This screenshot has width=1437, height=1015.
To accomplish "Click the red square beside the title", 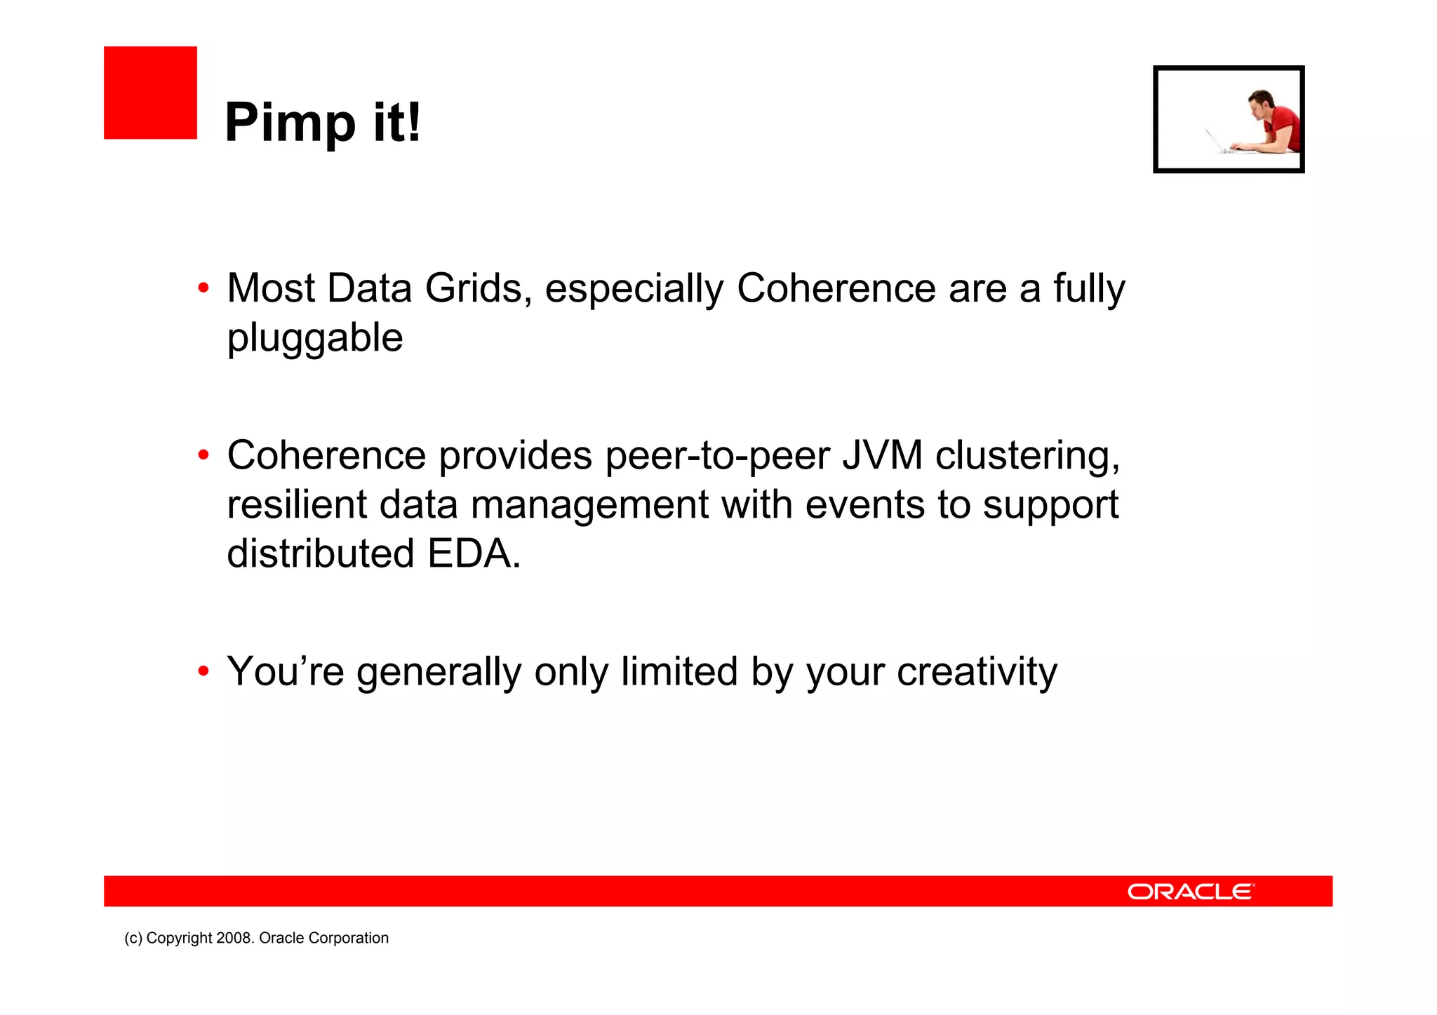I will coord(150,93).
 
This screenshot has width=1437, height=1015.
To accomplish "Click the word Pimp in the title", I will coord(290,123).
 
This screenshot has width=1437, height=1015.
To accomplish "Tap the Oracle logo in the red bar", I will coord(1191,892).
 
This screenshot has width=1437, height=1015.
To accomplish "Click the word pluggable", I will coord(315,339).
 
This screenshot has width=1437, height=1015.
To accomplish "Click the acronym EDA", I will coord(474,553).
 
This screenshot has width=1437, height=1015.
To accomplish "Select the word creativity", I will coord(977,673).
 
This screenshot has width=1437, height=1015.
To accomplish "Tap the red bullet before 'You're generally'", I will coord(203,671).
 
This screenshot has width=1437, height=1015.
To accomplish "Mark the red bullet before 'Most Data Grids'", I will coord(203,288).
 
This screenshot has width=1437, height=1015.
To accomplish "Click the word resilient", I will coord(297,505).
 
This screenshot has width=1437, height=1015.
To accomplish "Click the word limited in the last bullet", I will coord(679,671).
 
